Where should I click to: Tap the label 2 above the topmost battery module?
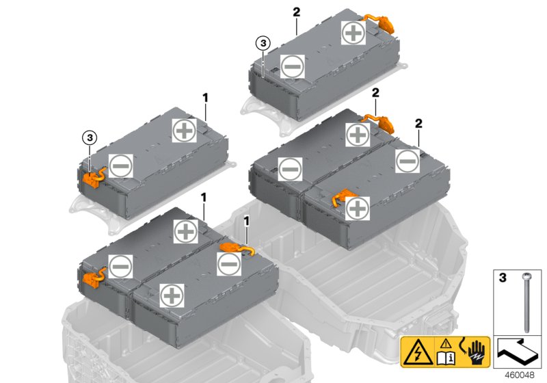click(x=296, y=12)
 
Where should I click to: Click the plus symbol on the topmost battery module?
click(x=353, y=33)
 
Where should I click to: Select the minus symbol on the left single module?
click(x=120, y=165)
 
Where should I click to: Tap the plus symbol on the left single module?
click(x=183, y=131)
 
